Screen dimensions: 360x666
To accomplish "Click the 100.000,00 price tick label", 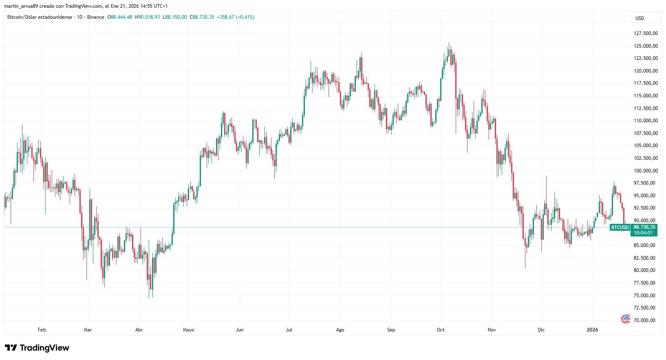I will coord(646,171).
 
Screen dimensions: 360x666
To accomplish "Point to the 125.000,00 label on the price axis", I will coord(646,46).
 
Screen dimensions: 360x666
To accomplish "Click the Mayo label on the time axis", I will coord(188,330).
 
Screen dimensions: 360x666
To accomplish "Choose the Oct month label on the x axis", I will coord(441,330).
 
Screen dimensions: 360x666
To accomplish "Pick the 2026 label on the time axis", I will coord(592,330).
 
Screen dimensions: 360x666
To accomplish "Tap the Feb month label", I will coord(42,330).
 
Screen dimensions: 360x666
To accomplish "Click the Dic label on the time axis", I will coord(541,330).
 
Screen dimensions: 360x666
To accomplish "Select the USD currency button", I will coord(640,18).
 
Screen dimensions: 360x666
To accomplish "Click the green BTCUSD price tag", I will coord(620,227).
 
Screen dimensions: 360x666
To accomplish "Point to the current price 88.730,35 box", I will coord(644,227).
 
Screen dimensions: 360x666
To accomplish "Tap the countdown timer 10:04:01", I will coord(643,233).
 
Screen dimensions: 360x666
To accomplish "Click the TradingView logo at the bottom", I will coord(37,348).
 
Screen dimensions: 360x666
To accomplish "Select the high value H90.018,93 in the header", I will coord(148,17).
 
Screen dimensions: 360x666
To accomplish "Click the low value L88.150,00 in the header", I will coord(175,17).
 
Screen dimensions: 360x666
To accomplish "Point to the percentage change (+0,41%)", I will coord(245,17).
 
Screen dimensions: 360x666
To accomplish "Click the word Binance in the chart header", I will coord(96,17).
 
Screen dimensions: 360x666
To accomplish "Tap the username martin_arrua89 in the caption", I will coord(21,6).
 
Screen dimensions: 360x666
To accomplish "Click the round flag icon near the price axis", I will coord(626,319).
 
